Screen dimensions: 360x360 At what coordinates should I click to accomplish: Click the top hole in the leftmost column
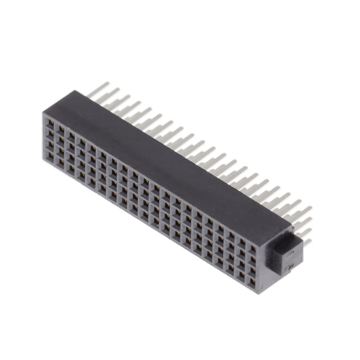click(x=51, y=123)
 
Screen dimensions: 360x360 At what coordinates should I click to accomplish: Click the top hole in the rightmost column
click(x=253, y=248)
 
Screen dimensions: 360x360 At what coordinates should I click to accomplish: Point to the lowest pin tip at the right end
click(x=309, y=242)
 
